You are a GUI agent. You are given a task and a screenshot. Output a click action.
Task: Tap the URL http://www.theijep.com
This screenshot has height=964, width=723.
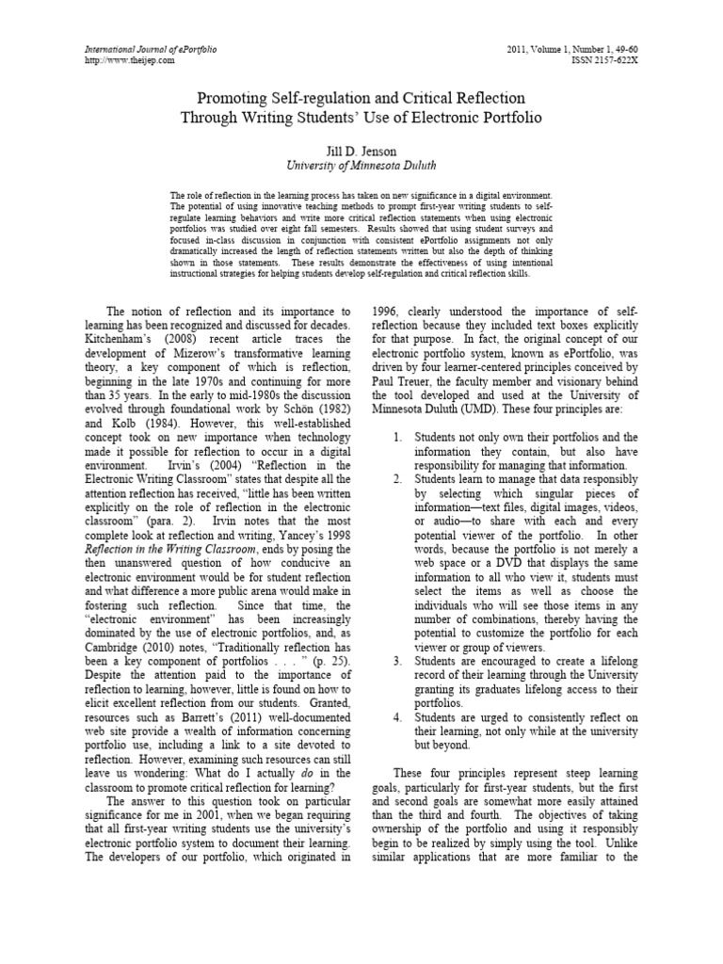pyautogui.click(x=118, y=59)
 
